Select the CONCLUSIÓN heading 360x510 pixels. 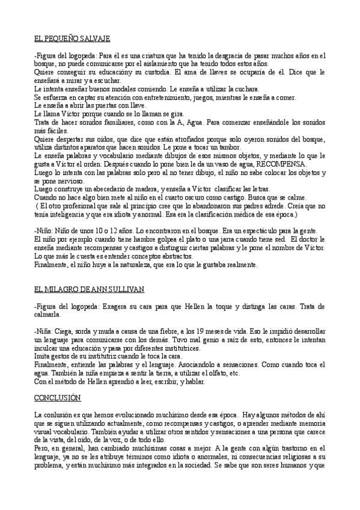pyautogui.click(x=57, y=398)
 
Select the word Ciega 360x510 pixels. pyautogui.click(x=65, y=331)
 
